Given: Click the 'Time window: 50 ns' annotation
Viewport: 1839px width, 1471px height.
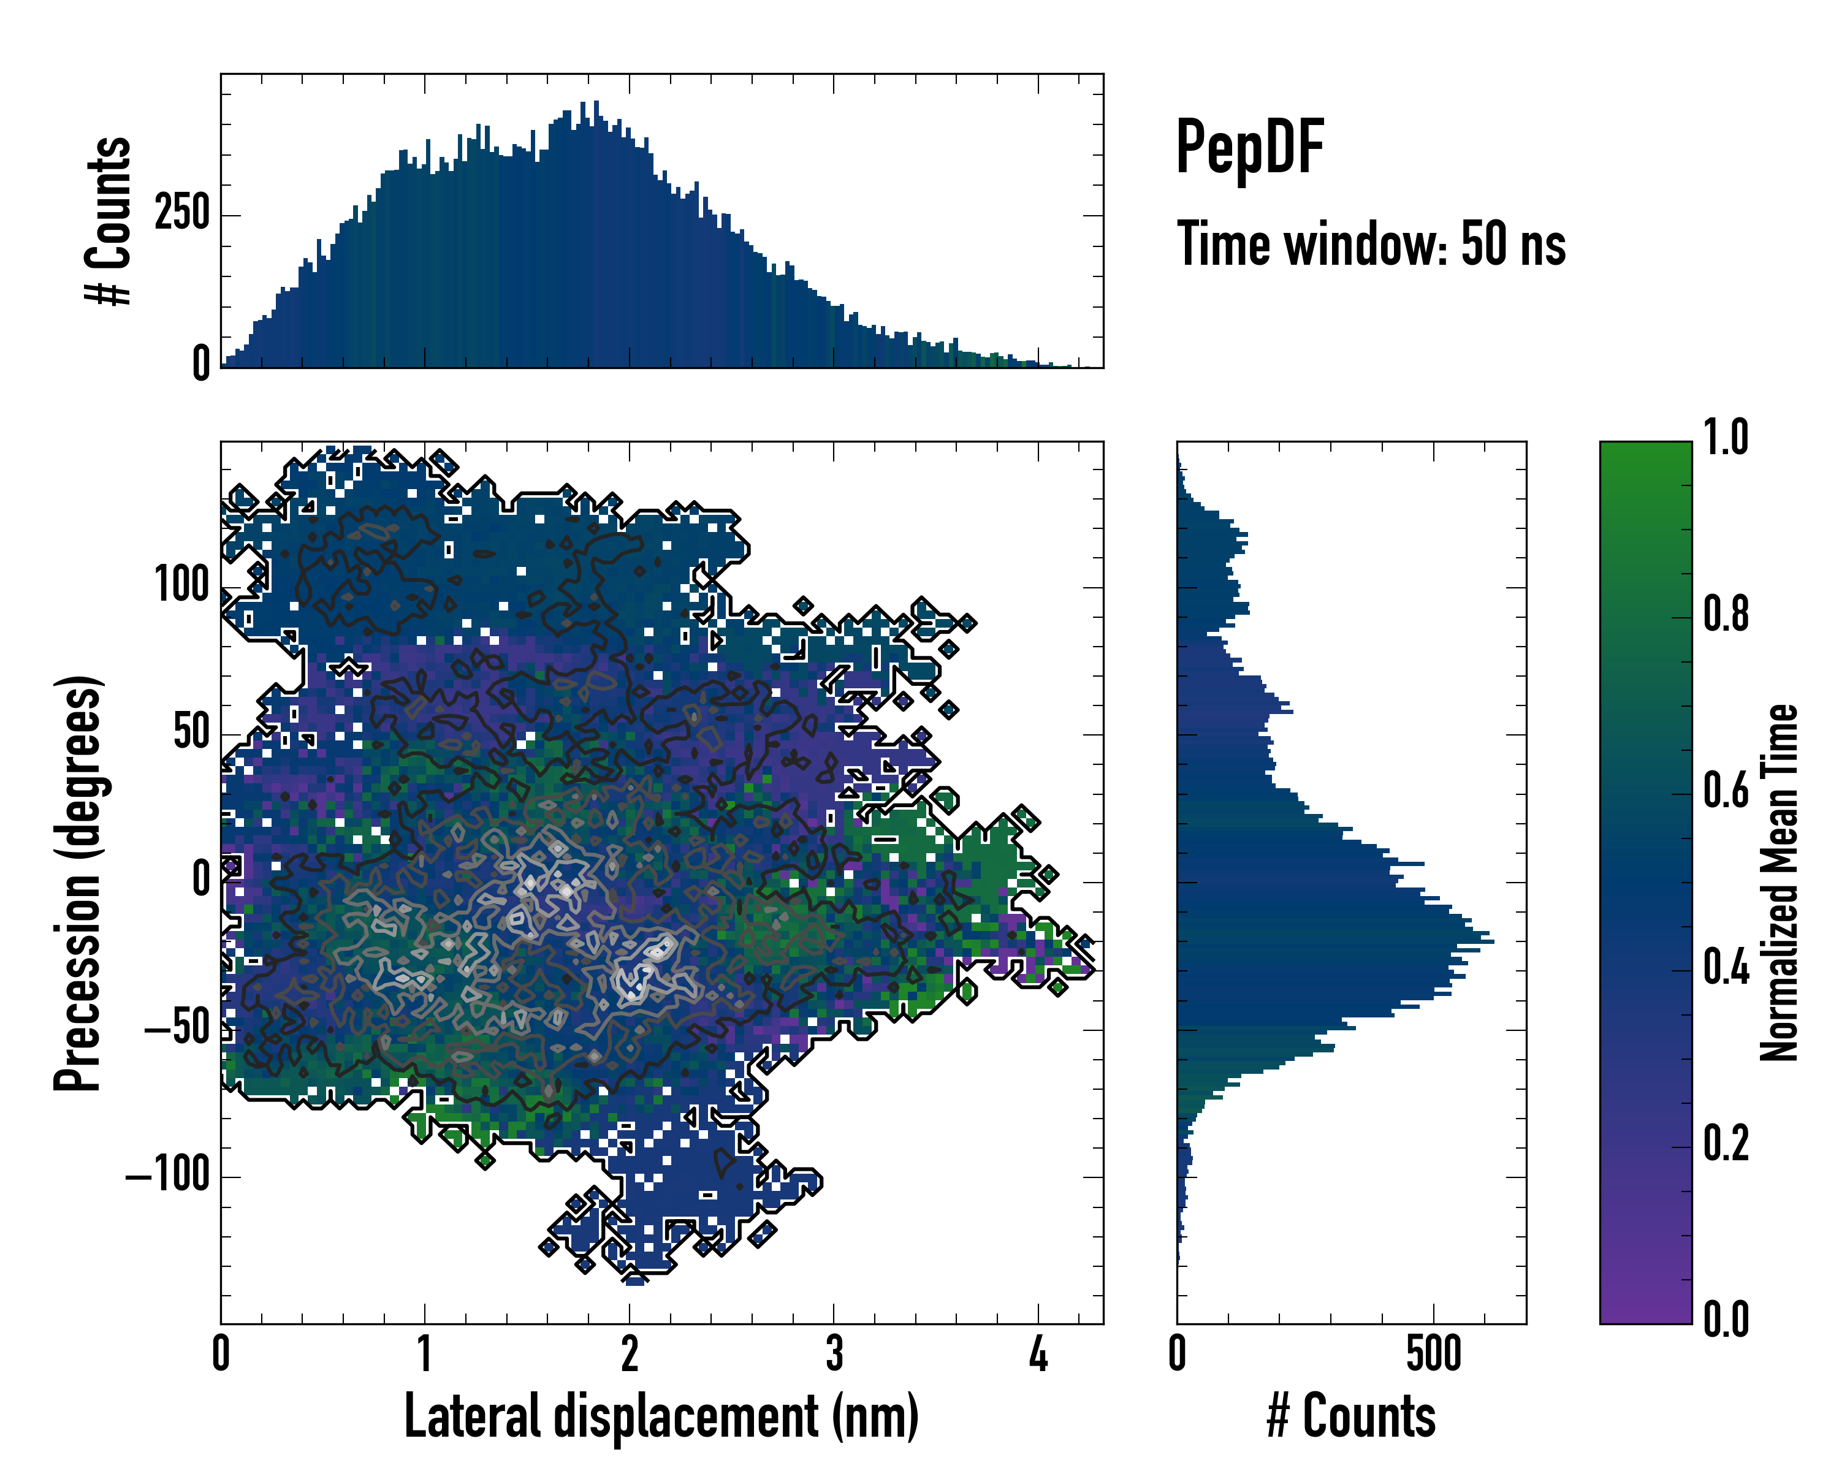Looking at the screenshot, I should click(1371, 244).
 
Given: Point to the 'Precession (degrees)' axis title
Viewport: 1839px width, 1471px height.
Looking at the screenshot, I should click(78, 883).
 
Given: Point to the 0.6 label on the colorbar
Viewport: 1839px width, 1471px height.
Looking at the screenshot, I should click(1726, 791).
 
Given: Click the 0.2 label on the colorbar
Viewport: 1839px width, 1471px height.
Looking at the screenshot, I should click(1726, 1144).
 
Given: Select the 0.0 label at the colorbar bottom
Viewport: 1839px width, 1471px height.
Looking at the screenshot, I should click(1726, 1319).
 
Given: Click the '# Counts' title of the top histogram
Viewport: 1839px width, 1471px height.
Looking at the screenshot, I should click(109, 221).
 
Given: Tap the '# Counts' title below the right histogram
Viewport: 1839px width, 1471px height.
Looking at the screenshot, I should click(1351, 1416).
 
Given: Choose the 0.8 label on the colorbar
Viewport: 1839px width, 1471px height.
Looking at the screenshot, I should click(1726, 614).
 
